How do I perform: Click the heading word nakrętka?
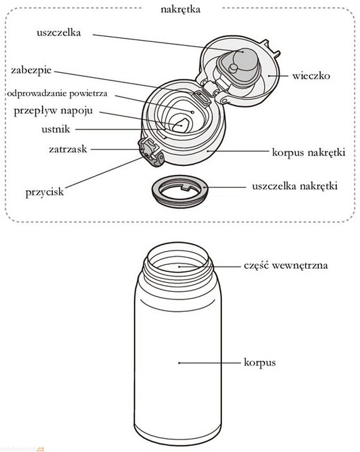(x=180, y=9)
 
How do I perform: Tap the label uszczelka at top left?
(x=59, y=33)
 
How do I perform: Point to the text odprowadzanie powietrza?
(x=57, y=94)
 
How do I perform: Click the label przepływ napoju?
(x=53, y=110)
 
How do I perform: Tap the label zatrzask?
(x=68, y=149)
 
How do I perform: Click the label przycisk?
(x=45, y=192)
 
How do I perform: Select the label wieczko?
(x=311, y=76)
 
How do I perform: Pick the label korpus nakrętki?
(x=308, y=152)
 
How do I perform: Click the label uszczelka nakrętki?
(x=295, y=186)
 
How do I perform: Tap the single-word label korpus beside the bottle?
(x=260, y=363)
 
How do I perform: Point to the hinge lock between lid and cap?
(x=201, y=96)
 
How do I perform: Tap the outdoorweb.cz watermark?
(x=22, y=448)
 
